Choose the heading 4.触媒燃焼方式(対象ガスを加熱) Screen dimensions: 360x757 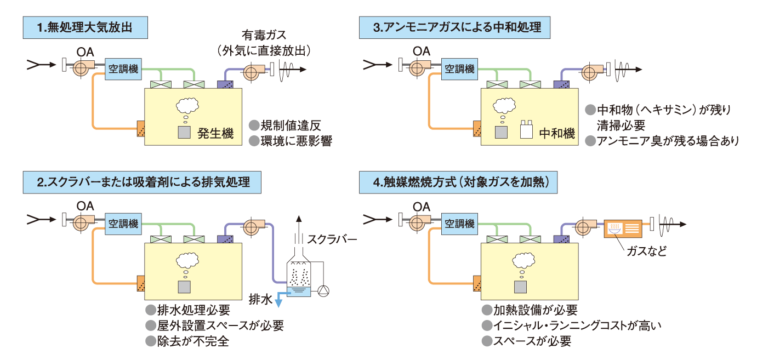point(458,182)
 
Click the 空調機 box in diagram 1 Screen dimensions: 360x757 point(122,69)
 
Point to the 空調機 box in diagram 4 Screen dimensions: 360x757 point(459,224)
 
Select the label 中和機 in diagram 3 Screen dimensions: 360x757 point(556,133)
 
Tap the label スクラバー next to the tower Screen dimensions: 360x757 point(332,239)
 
